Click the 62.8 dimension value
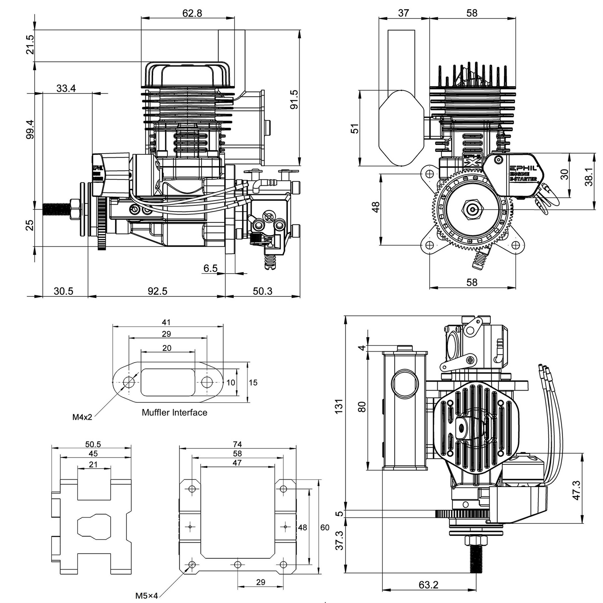click(x=192, y=13)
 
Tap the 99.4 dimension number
click(x=30, y=129)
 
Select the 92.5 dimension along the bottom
click(x=157, y=291)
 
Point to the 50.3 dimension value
click(x=262, y=291)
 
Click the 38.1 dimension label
click(x=589, y=177)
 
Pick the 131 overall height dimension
click(x=339, y=406)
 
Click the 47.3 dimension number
click(x=576, y=490)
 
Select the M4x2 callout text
click(x=82, y=416)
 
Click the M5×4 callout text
click(x=146, y=595)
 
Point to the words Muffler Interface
click(x=174, y=412)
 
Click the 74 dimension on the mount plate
click(x=237, y=444)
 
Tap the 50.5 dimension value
click(x=93, y=444)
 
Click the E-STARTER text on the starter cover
click(x=524, y=179)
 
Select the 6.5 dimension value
click(x=210, y=268)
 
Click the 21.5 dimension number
click(x=30, y=45)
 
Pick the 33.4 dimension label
click(x=66, y=88)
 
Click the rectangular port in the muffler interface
click(x=168, y=382)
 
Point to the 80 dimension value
click(x=362, y=406)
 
